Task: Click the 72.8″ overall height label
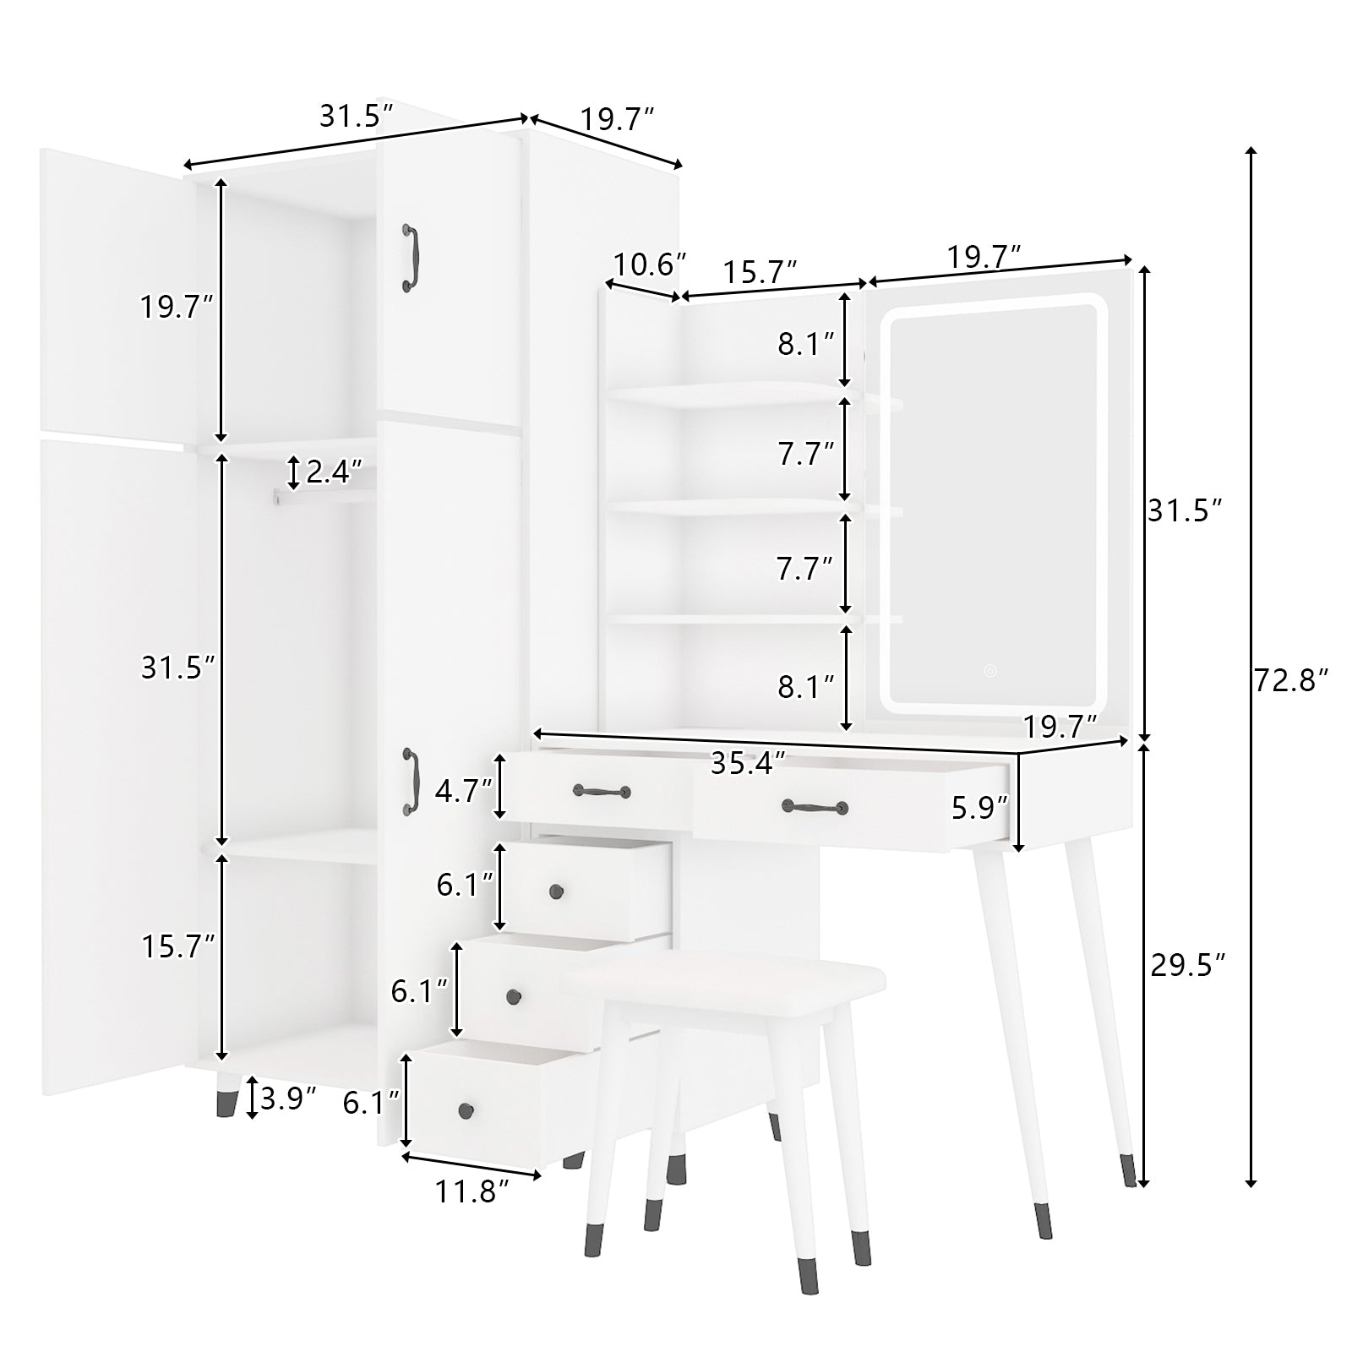tap(1291, 679)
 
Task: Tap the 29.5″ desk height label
tap(1188, 964)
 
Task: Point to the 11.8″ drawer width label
tap(472, 1191)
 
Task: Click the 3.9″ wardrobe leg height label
tap(289, 1098)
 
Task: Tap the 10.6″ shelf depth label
tap(649, 264)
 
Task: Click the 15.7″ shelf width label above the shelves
tap(760, 272)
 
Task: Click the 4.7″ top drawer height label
tap(463, 791)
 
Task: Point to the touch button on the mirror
tap(989, 671)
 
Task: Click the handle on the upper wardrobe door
tap(411, 258)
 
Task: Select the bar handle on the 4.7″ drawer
tap(602, 791)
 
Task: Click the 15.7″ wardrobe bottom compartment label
tap(178, 946)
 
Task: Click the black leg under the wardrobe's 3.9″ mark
tap(226, 1102)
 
